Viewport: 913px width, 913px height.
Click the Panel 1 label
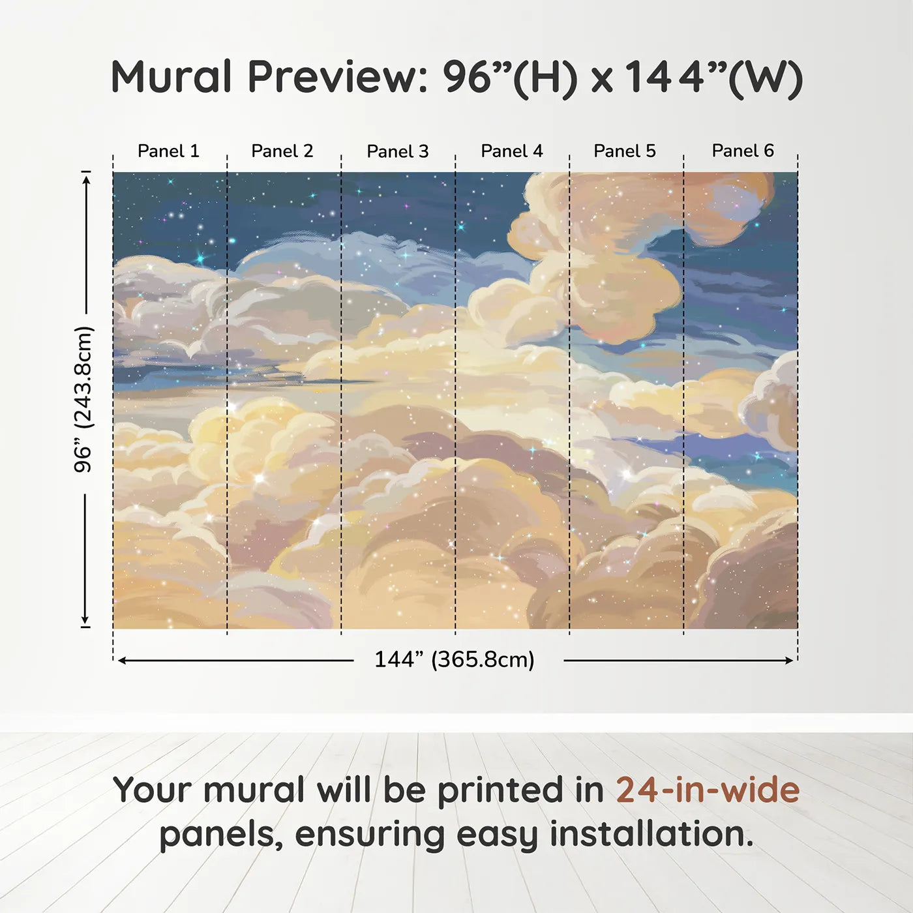click(x=168, y=151)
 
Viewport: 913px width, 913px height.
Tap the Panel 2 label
click(x=282, y=151)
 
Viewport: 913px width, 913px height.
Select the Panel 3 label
click(x=398, y=151)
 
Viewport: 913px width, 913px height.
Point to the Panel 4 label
click(x=512, y=151)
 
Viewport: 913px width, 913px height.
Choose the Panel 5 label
click(x=625, y=151)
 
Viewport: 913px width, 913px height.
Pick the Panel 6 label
click(x=742, y=151)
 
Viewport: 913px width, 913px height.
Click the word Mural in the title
click(x=171, y=76)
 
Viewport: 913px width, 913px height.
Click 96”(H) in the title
click(x=510, y=79)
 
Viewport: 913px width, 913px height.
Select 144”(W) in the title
click(x=714, y=79)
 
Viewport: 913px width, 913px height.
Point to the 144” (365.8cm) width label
click(x=455, y=659)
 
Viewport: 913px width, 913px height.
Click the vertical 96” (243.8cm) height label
click(x=83, y=399)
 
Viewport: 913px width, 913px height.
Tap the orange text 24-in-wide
click(x=708, y=790)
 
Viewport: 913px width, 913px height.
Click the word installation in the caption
click(x=651, y=834)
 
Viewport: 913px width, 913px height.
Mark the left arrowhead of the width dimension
click(x=121, y=661)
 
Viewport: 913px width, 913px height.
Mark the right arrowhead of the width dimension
click(x=789, y=661)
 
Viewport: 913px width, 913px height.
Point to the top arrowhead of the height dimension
click(x=86, y=180)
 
